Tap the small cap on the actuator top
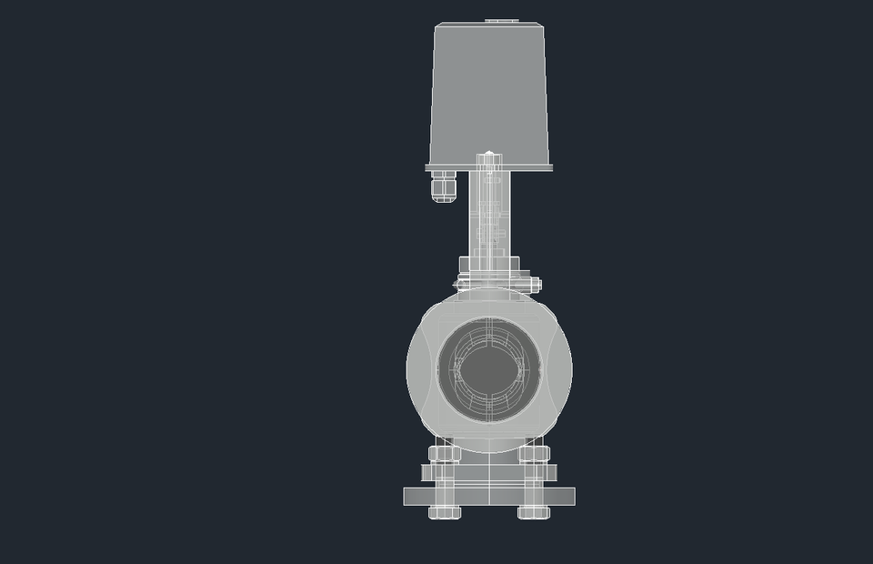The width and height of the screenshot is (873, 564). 498,19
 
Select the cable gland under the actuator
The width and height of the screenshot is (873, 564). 442,188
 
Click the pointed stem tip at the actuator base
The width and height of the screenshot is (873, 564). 489,156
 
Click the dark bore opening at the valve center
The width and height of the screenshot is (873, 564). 489,368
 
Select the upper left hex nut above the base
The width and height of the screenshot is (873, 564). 443,453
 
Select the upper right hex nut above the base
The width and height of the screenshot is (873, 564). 535,453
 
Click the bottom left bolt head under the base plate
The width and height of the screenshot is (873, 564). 445,512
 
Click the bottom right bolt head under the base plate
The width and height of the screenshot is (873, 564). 534,512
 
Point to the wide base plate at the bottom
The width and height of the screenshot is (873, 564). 489,496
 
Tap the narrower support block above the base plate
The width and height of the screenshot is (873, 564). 489,474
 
